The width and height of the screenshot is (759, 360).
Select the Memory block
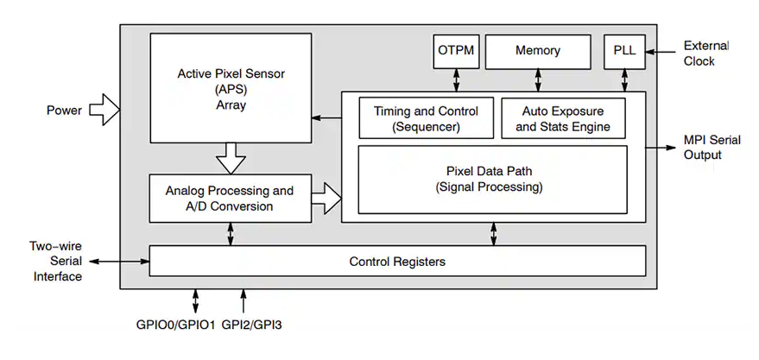[x=537, y=52]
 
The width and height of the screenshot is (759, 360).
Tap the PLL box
[x=623, y=52]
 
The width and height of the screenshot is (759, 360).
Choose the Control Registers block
[x=397, y=261]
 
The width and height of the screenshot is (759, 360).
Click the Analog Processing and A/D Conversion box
[x=229, y=199]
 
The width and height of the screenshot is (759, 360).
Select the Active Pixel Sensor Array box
[x=231, y=87]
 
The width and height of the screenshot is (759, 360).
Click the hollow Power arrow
[x=104, y=110]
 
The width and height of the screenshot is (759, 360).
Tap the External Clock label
[x=706, y=53]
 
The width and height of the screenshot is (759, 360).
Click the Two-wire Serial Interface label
[x=54, y=261]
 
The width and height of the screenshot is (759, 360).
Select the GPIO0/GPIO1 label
[x=175, y=325]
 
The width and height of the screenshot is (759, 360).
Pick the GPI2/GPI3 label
[x=252, y=325]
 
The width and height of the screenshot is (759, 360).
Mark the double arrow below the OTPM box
[x=454, y=79]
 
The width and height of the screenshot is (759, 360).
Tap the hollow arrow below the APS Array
[x=231, y=158]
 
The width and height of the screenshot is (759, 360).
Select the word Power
[x=64, y=110]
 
